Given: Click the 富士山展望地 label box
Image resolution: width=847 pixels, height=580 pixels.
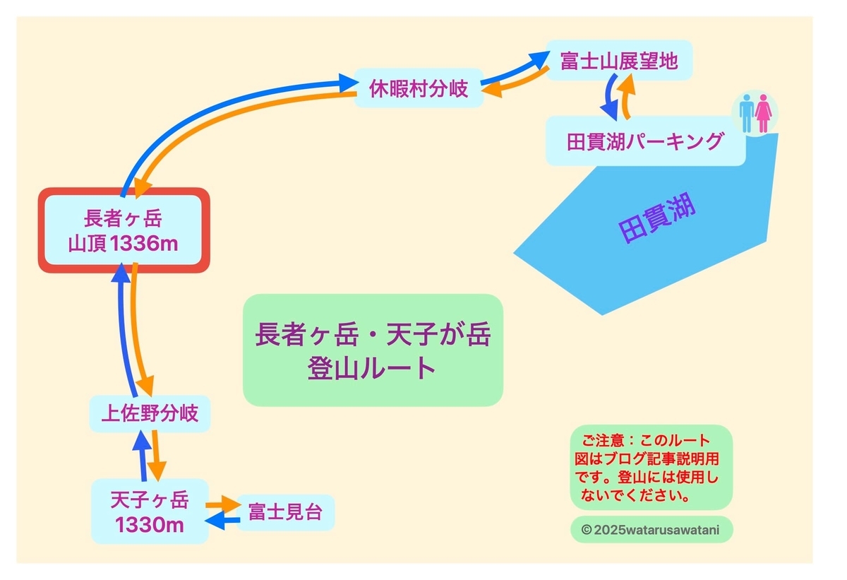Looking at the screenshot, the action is [x=619, y=60].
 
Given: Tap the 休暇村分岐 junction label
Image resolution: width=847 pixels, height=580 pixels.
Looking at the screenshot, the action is [x=419, y=88].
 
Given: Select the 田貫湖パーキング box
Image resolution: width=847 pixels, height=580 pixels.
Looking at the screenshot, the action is [x=645, y=141].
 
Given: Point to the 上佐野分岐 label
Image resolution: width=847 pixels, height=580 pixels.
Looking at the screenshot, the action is [x=150, y=413].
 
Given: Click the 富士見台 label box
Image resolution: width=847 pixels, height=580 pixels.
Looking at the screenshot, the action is [x=285, y=512].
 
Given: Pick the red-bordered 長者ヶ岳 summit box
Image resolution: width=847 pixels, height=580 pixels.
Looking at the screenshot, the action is [x=124, y=230].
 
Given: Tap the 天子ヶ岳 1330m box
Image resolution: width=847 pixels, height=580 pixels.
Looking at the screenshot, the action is [x=150, y=511].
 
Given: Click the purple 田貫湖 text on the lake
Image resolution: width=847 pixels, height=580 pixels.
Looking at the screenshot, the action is [x=657, y=217].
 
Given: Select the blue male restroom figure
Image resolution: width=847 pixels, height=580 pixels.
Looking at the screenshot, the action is [x=747, y=113].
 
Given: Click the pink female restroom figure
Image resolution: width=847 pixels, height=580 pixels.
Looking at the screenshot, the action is [x=764, y=113].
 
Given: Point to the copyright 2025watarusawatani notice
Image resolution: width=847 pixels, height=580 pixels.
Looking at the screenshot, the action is [x=651, y=530].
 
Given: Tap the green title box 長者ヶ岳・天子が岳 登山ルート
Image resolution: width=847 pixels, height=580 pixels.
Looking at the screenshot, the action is [x=373, y=350].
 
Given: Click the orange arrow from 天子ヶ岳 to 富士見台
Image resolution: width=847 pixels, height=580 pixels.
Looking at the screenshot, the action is [x=223, y=504].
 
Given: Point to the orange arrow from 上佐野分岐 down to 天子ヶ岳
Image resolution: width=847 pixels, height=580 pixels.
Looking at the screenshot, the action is [x=157, y=456].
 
